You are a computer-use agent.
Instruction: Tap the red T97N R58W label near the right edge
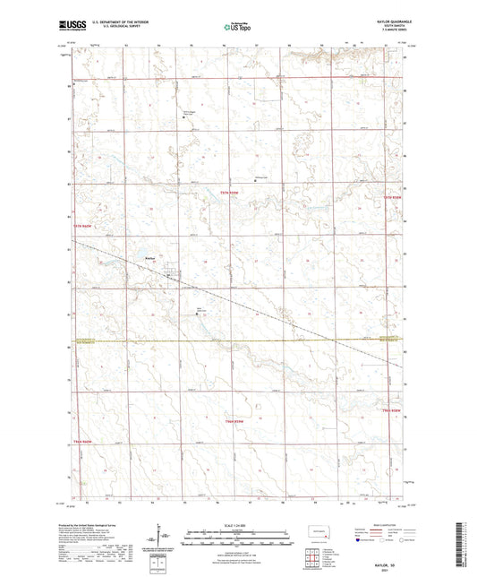389,196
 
